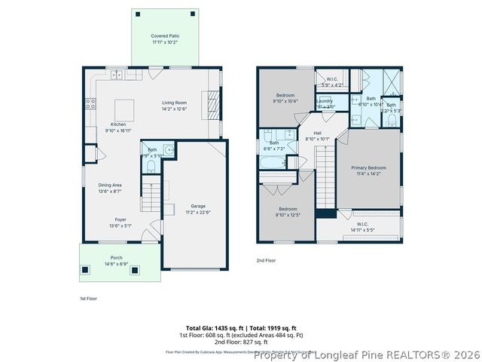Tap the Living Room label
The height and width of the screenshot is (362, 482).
pos(174,103)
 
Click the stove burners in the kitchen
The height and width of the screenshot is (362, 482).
pos(90,104)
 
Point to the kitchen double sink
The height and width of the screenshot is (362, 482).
pos(117,75)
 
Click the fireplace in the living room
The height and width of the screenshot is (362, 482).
pos(213,100)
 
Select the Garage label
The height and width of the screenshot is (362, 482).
pos(198,206)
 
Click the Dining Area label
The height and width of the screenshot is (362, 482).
pos(110,185)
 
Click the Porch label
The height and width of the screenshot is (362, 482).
pos(116,257)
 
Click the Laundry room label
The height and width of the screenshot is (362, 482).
pos(325,100)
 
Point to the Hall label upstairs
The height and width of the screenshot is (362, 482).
pos(319,133)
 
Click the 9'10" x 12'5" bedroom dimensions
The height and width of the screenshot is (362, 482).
pos(288,215)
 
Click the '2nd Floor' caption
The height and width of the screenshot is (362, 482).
pos(267,259)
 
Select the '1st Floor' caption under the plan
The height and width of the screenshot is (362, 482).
pos(88,299)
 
